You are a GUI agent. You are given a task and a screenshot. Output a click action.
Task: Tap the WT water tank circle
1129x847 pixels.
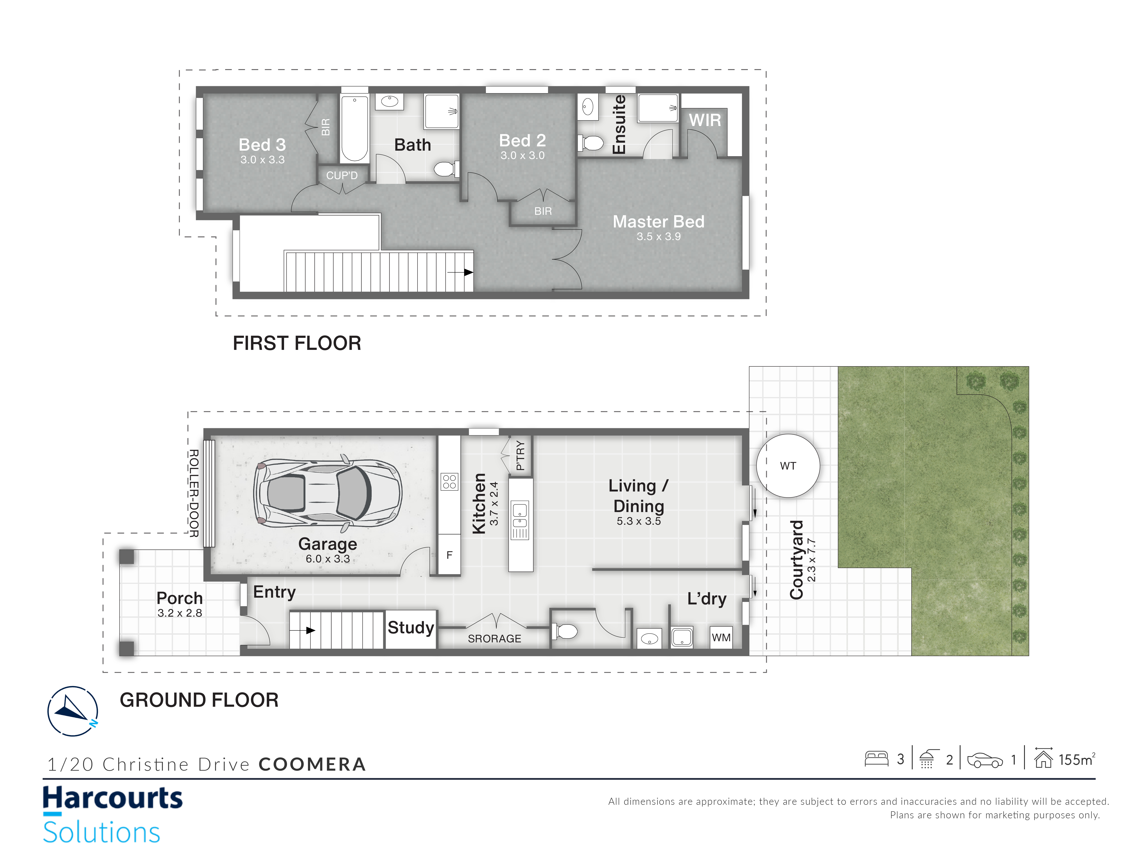click(x=788, y=466)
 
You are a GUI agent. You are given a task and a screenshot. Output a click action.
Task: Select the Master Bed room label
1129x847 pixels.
click(x=658, y=222)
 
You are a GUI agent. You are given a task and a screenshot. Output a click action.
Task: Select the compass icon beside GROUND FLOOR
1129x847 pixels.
click(x=72, y=711)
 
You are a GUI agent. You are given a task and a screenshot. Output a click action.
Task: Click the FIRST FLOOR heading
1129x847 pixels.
click(x=297, y=343)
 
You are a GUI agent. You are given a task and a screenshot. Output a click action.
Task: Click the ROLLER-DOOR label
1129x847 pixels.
click(x=194, y=493)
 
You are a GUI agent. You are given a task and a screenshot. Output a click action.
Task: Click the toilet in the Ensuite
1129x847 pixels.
click(x=590, y=143)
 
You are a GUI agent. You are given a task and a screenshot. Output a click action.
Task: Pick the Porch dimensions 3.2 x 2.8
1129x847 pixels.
click(x=180, y=613)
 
